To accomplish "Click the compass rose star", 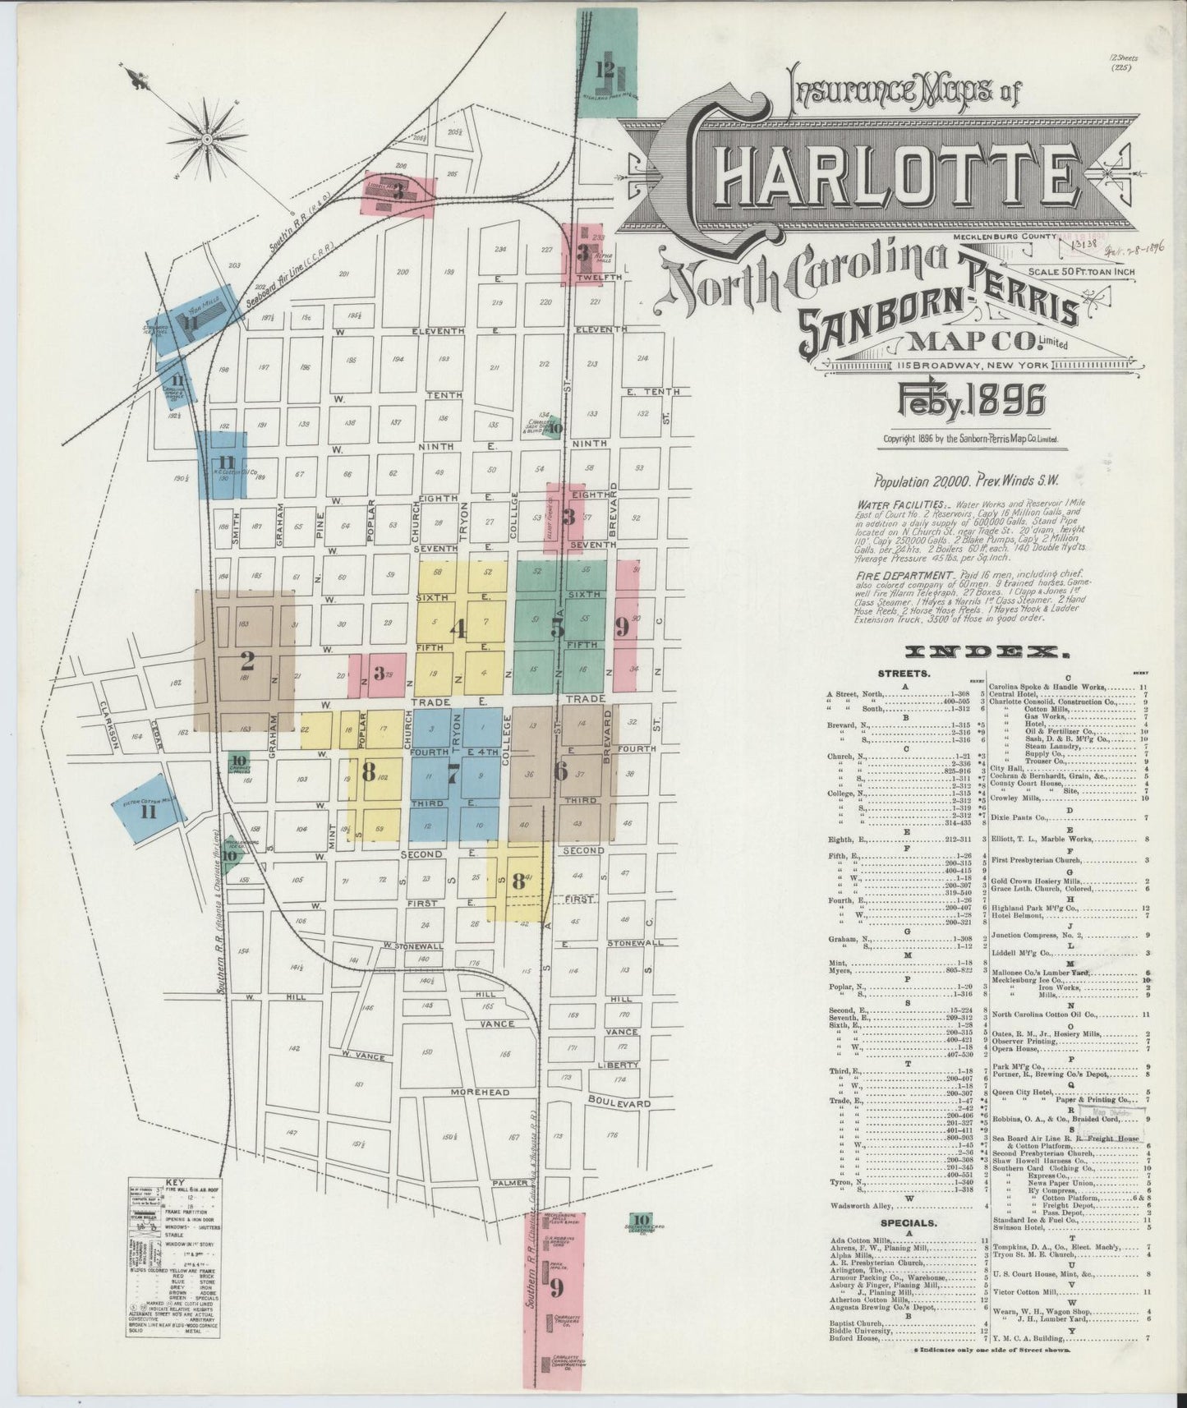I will pyautogui.click(x=207, y=140).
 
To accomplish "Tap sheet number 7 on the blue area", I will pyautogui.click(x=453, y=771).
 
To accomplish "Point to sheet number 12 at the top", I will pyautogui.click(x=605, y=67).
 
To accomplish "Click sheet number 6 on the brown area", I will pyautogui.click(x=561, y=771).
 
